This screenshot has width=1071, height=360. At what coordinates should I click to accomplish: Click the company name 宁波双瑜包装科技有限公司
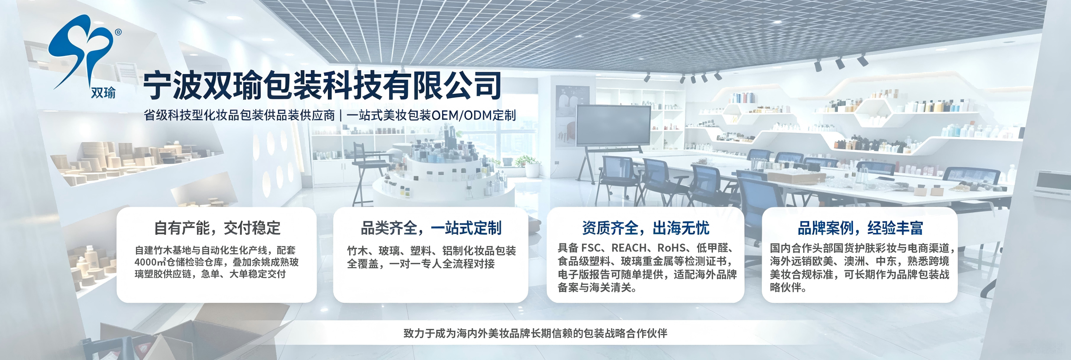coord(322,86)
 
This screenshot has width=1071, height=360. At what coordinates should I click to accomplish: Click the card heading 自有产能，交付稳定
coord(217,228)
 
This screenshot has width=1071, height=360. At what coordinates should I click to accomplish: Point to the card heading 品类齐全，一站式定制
coord(431,228)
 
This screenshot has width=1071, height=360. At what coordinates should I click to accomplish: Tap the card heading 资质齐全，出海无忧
coord(645,228)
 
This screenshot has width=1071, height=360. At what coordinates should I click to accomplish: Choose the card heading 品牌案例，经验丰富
coord(860,228)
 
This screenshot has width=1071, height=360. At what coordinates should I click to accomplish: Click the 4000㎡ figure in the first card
coord(150,262)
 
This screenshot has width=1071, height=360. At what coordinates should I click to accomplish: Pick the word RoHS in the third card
coord(671,248)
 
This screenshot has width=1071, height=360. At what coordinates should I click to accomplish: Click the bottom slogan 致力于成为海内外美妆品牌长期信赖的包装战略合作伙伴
coord(535,333)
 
